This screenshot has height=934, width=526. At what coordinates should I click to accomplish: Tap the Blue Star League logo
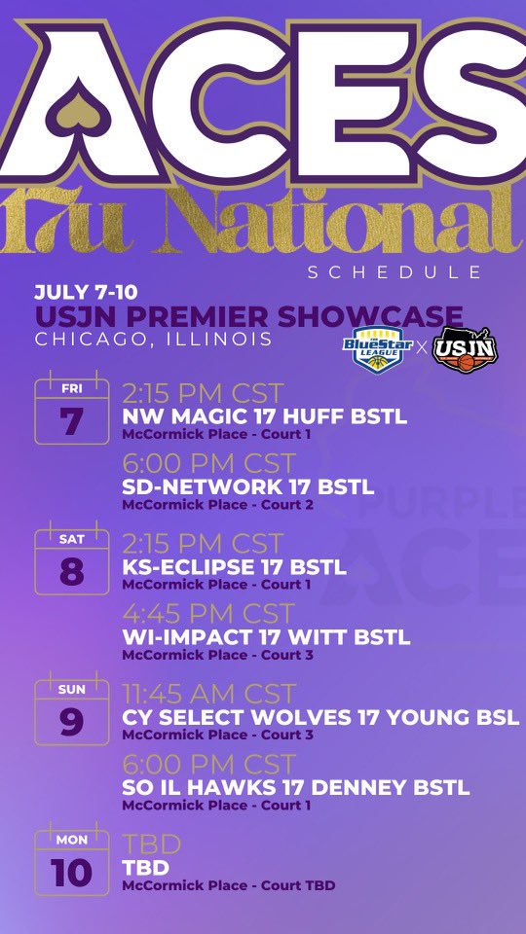click(x=378, y=347)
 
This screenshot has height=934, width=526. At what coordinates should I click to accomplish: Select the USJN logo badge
click(x=466, y=347)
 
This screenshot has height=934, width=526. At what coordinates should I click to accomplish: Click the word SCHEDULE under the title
click(x=394, y=272)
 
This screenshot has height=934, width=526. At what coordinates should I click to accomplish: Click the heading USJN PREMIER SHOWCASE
click(x=248, y=316)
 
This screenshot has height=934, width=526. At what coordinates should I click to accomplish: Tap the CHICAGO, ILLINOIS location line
click(x=153, y=339)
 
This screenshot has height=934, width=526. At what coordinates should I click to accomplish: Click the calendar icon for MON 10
click(x=71, y=862)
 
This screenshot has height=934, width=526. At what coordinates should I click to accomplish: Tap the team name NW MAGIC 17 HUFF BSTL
click(x=264, y=417)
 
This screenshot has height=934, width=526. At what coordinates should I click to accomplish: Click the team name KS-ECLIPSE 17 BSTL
click(x=234, y=567)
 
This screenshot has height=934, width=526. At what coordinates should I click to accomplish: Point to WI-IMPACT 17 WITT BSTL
click(x=266, y=638)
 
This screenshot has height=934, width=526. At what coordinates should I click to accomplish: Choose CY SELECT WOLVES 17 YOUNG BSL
click(x=320, y=718)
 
